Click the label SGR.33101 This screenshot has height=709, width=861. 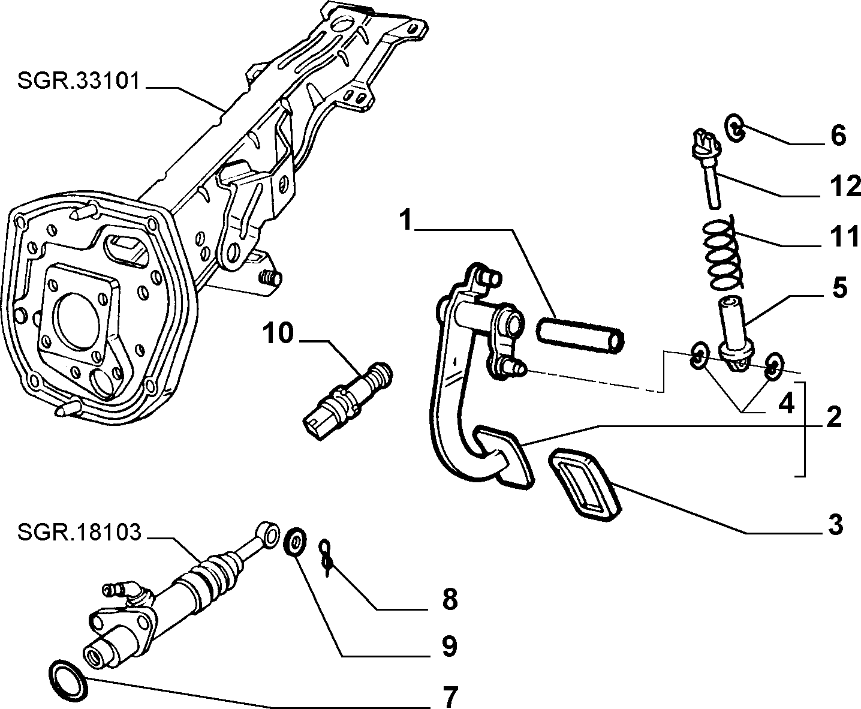[79, 81]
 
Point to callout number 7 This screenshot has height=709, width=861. [450, 696]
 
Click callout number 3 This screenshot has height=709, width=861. [835, 524]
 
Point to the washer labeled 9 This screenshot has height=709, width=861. [295, 542]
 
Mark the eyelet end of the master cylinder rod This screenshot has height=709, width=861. [268, 531]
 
